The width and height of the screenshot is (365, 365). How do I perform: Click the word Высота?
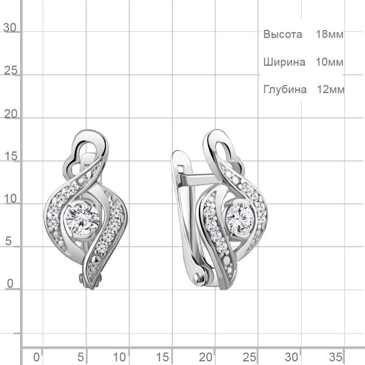[x=283, y=34]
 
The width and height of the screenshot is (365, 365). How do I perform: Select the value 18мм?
[x=329, y=34]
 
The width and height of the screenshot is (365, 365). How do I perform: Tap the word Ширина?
[x=284, y=62]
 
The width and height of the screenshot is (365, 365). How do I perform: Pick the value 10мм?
[x=329, y=62]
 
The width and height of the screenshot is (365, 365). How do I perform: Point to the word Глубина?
[x=285, y=89]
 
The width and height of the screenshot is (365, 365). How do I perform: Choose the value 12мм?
[x=330, y=89]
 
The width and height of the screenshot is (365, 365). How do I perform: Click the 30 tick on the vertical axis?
[x=10, y=28]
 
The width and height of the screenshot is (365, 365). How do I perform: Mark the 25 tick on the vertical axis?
[x=11, y=71]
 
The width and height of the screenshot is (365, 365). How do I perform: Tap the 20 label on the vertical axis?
[x=11, y=114]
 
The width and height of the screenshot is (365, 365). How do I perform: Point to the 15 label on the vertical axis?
[x=11, y=156]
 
